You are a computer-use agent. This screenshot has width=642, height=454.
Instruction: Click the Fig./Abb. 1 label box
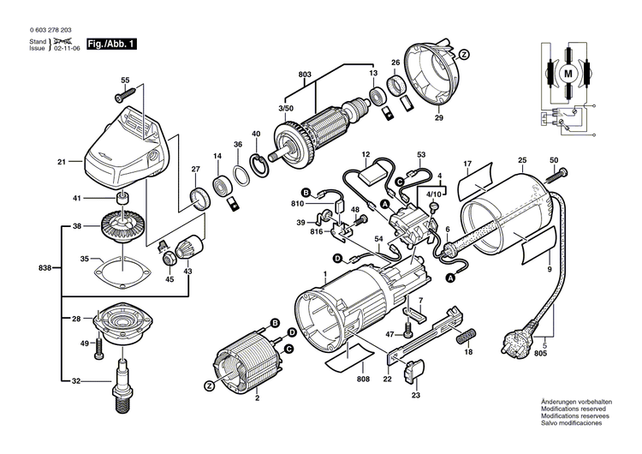111,42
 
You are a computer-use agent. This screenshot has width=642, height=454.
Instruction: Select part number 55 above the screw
124,80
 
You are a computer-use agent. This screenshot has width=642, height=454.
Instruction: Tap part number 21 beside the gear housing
62,162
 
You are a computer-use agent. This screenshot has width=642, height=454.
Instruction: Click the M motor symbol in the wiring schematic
568,75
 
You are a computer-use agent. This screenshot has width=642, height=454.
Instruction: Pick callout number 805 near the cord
540,353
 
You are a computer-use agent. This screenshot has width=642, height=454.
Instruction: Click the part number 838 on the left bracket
45,268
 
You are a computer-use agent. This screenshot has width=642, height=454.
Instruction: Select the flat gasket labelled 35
122,271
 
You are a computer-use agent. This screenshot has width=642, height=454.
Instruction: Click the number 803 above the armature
306,75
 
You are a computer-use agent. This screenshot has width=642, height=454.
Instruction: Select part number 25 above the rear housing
522,160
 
